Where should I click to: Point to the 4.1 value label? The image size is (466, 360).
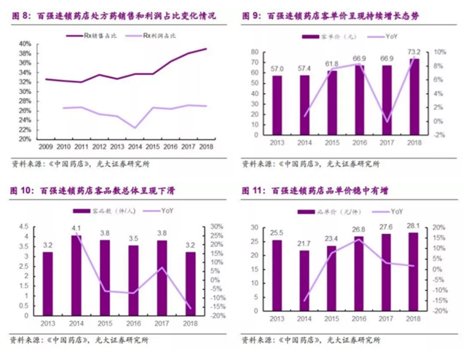point(76,229)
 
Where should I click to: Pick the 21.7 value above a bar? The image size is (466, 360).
point(304,245)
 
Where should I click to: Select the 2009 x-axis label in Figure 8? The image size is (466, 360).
point(45,146)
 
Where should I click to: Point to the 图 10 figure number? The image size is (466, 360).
point(22,191)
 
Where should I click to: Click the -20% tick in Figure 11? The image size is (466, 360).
point(438,311)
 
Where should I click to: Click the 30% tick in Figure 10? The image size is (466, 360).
point(217,226)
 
